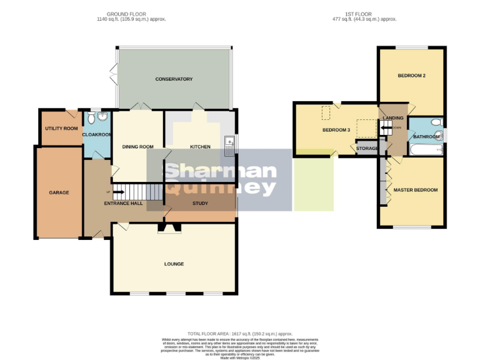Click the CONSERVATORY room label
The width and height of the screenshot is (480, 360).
[174, 79]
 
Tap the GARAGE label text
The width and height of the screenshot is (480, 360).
[59, 192]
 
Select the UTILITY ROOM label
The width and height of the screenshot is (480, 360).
[61, 128]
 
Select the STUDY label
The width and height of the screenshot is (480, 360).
[200, 203]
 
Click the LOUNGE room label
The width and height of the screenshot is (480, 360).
[174, 264]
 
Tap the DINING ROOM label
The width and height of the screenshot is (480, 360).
[137, 147]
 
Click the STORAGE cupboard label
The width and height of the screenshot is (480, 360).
[367, 148]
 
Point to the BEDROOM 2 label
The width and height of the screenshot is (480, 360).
[412, 76]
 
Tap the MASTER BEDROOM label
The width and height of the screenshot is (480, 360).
[415, 190]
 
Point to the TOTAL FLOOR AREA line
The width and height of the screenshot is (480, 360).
[240, 334]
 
